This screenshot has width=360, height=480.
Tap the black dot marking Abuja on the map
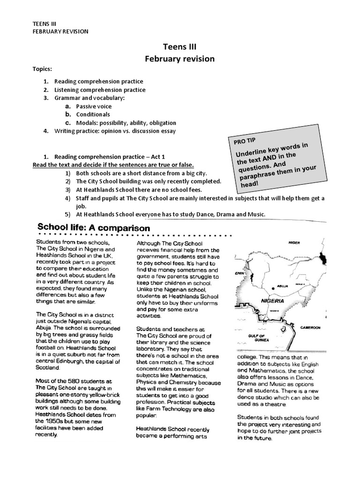[x=273, y=288]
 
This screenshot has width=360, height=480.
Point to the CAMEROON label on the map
[x=311, y=328]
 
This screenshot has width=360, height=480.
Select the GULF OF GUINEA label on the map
[x=259, y=338]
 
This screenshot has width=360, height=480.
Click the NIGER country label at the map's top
[x=294, y=243]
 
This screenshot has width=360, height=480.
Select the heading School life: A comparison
[x=93, y=228]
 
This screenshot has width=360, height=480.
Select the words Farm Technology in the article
[x=165, y=409]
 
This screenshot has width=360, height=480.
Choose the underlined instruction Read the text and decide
[x=113, y=165]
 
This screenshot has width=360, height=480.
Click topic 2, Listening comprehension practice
[x=100, y=90]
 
